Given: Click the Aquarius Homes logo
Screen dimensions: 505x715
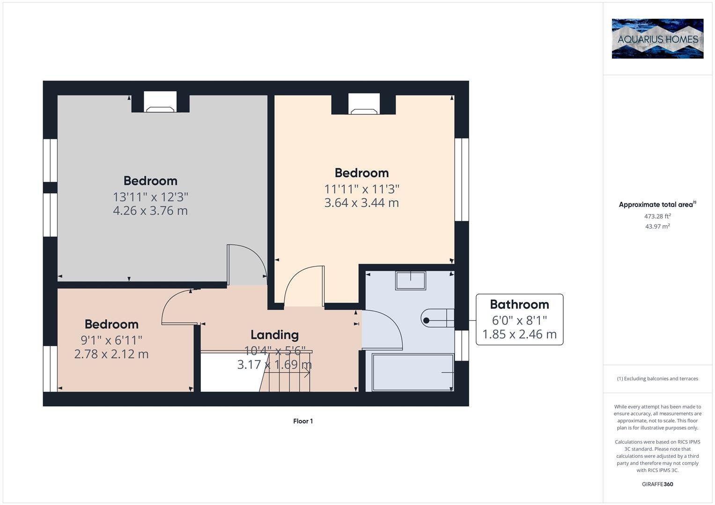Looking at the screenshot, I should click(x=657, y=38).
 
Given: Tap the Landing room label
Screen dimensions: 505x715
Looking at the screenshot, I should click(x=274, y=335).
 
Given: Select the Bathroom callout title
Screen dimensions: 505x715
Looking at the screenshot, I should click(x=519, y=304).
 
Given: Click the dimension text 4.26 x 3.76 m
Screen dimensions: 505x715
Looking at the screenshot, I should click(x=150, y=210).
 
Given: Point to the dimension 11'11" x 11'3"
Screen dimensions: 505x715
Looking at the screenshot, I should click(x=361, y=189).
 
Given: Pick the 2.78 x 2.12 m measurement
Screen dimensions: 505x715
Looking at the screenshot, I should click(x=111, y=354).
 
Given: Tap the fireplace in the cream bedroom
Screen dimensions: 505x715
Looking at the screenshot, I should click(x=364, y=105).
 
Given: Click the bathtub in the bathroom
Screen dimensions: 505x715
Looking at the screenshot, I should click(x=413, y=372).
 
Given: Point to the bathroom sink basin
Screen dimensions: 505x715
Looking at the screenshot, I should click(x=411, y=281).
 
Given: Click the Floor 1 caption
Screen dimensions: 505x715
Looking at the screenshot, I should click(x=303, y=421).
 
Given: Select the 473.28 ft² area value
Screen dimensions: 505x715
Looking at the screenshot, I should click(x=657, y=216).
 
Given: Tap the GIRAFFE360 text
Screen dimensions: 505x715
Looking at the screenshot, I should click(x=657, y=484).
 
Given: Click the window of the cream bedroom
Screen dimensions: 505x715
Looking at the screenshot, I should click(x=462, y=179).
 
